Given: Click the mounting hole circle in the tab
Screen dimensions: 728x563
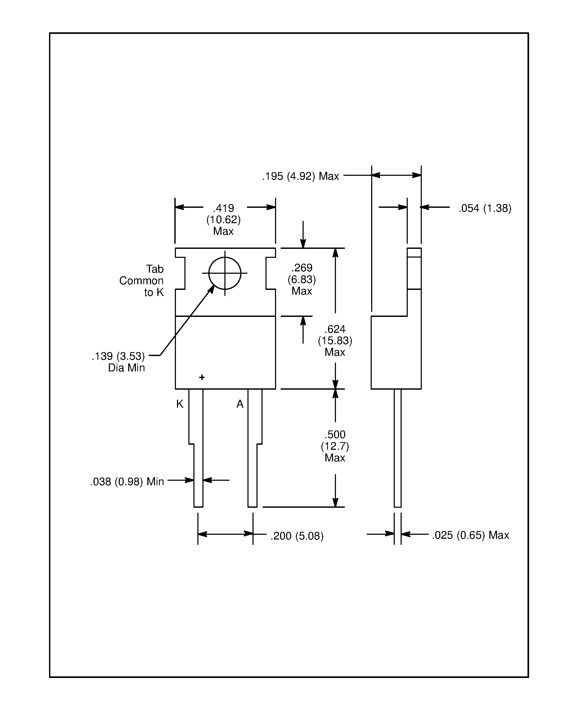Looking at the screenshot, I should (224, 273).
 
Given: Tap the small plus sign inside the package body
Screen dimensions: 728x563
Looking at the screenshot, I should (202, 377).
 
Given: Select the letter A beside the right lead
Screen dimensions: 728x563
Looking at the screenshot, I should (240, 404).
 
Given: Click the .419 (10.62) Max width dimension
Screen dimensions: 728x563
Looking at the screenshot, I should (223, 219).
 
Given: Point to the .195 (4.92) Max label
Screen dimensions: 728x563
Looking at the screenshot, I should (300, 176).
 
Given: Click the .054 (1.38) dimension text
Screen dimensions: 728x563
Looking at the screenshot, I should (485, 208).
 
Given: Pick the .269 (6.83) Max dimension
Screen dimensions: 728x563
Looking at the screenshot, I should (302, 279).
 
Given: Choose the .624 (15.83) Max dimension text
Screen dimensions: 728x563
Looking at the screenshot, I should (335, 340).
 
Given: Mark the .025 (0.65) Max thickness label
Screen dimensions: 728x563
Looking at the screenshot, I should (470, 535).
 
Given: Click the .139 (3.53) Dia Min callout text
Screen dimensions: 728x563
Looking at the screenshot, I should (119, 362).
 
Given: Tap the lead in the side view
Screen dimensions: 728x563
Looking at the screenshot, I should (397, 447).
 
